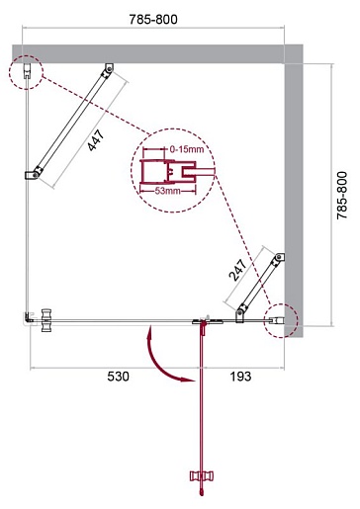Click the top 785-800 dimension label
(153, 20)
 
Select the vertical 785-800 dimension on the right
(342, 195)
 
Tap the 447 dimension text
(96, 140)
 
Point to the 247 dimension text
(237, 270)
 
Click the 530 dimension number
(118, 376)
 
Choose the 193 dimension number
(240, 376)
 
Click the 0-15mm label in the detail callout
(187, 149)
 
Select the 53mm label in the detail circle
(168, 191)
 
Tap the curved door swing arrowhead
(189, 379)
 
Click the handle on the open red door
(202, 475)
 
